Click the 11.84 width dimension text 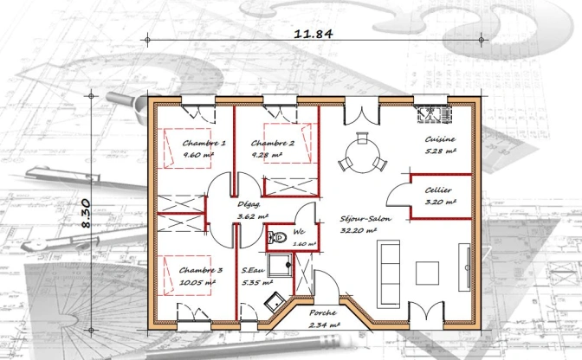coord(314,34)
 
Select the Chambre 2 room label coord(273,143)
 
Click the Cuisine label coord(440,139)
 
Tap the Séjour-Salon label coord(365,219)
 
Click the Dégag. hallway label coord(251,205)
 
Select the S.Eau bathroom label coord(253,270)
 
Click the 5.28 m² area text coord(440,151)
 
